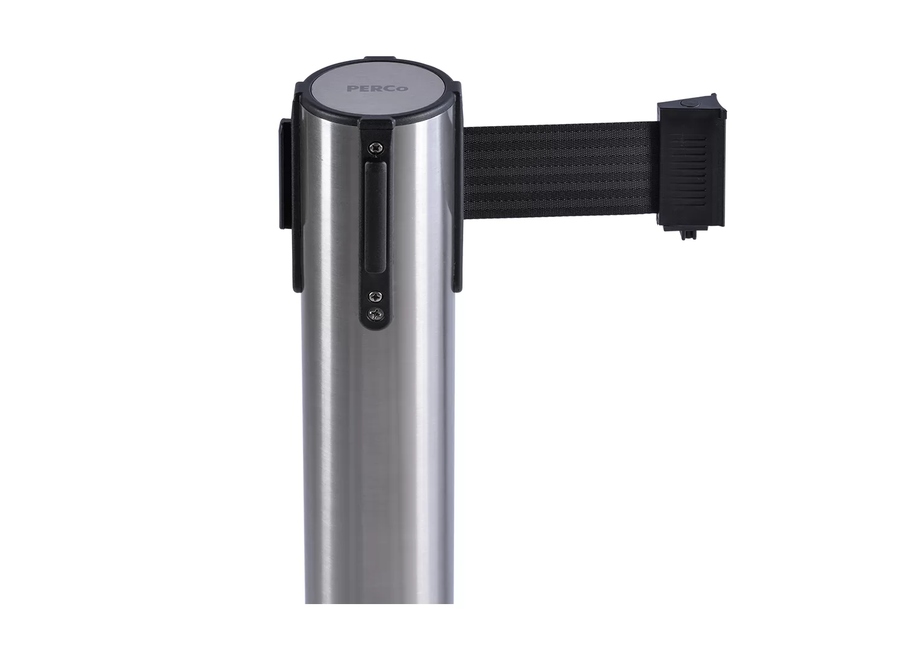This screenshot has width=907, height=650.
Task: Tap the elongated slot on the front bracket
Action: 375,217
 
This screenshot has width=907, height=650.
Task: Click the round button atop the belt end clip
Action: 687,103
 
